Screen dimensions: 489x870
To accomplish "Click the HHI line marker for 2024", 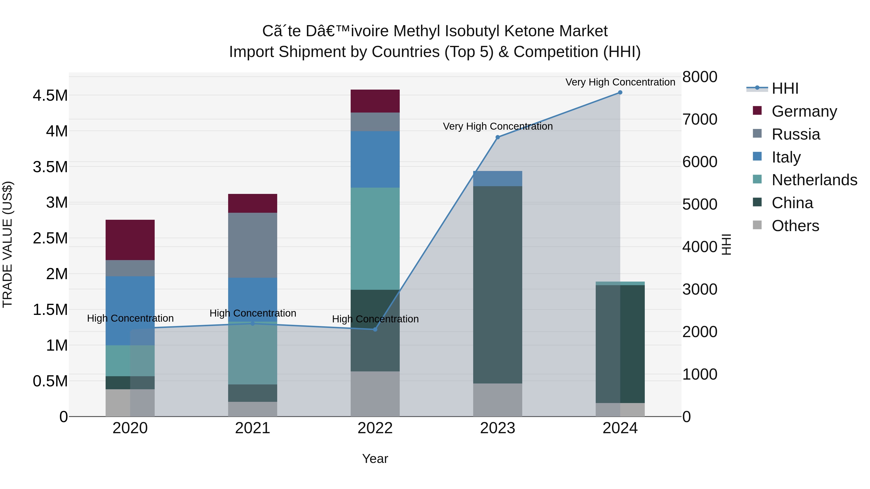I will [620, 92].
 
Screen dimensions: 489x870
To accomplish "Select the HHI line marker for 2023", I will [498, 137].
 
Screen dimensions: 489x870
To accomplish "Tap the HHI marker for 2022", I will [375, 329].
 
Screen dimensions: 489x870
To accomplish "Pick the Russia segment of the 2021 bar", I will [253, 245].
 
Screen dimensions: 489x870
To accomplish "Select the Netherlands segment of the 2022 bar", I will [375, 239].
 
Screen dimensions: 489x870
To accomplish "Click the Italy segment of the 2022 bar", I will [375, 159].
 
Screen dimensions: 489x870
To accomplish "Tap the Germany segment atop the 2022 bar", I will [375, 101].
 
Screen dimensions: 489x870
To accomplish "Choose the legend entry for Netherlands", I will [814, 180].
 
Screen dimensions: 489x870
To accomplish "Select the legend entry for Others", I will [795, 226].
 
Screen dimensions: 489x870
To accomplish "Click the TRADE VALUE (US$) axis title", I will [7, 244].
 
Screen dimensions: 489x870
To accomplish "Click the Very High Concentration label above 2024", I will [620, 82].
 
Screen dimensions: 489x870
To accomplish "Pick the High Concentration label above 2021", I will [253, 313].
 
